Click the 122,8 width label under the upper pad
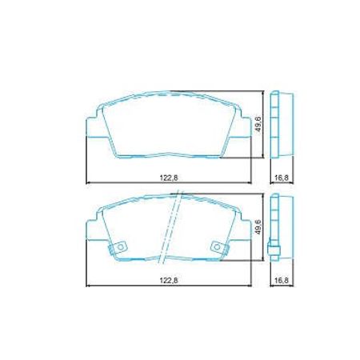[x=169, y=178]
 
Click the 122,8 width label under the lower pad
[x=169, y=280]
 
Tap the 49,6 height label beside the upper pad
[x=258, y=124]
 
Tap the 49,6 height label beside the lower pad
[x=258, y=227]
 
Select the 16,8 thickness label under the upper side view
[x=282, y=178]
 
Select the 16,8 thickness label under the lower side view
[x=282, y=280]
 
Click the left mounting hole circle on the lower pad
[x=121, y=247]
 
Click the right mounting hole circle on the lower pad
[x=218, y=247]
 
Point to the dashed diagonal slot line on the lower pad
[x=170, y=227]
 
